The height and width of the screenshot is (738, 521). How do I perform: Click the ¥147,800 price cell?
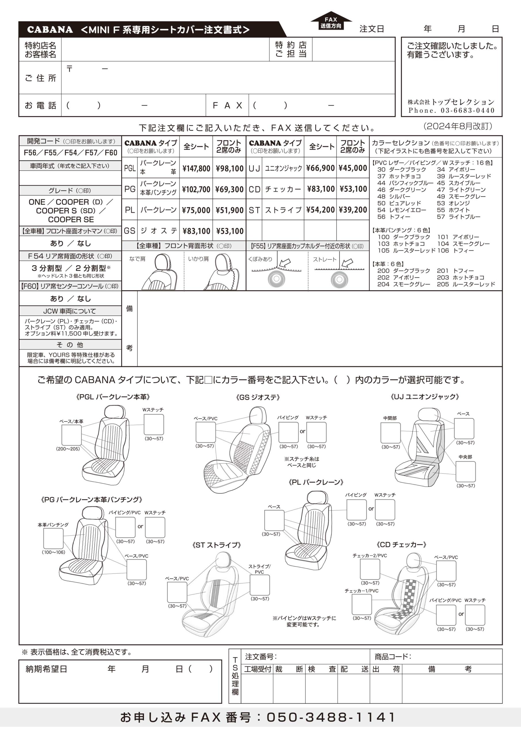(x=196, y=168)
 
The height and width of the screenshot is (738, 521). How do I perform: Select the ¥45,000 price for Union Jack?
(x=353, y=168)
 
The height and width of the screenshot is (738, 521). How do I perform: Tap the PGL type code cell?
(x=130, y=168)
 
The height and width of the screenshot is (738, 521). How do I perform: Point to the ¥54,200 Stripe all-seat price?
(x=320, y=210)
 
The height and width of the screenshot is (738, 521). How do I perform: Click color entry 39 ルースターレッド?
(x=464, y=176)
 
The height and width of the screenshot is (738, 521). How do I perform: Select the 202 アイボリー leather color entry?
(x=398, y=277)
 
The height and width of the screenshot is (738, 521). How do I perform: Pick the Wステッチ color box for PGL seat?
(x=154, y=424)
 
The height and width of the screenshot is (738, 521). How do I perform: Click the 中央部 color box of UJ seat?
(x=465, y=472)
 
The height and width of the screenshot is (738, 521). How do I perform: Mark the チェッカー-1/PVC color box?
(x=362, y=604)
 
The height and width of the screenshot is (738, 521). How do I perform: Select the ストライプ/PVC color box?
(x=260, y=585)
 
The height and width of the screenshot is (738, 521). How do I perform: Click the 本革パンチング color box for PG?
(x=53, y=539)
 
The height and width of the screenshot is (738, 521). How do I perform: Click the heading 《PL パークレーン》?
(x=316, y=482)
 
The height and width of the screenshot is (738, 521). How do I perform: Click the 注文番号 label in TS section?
(x=261, y=656)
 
